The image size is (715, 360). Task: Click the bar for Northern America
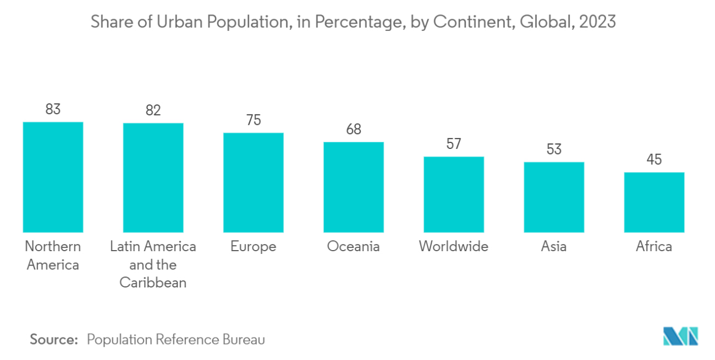click(53, 177)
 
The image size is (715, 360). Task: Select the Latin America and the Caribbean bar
click(153, 178)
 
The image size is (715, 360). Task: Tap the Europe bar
click(253, 182)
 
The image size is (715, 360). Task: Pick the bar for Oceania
click(353, 187)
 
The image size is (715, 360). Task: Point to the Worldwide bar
click(454, 194)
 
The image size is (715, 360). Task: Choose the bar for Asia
click(554, 197)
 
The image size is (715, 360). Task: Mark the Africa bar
click(654, 202)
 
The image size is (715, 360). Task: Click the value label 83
click(53, 109)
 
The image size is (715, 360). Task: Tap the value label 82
click(153, 110)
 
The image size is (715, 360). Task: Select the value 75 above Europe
click(253, 120)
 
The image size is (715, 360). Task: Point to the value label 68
click(353, 130)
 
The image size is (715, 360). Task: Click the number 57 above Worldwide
click(454, 144)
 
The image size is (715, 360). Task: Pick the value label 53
click(554, 149)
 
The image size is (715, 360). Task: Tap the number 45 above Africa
click(654, 160)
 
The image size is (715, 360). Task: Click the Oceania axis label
click(353, 247)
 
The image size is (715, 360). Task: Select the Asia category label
click(554, 247)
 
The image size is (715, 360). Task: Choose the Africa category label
click(654, 247)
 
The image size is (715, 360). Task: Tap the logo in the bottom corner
click(680, 336)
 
